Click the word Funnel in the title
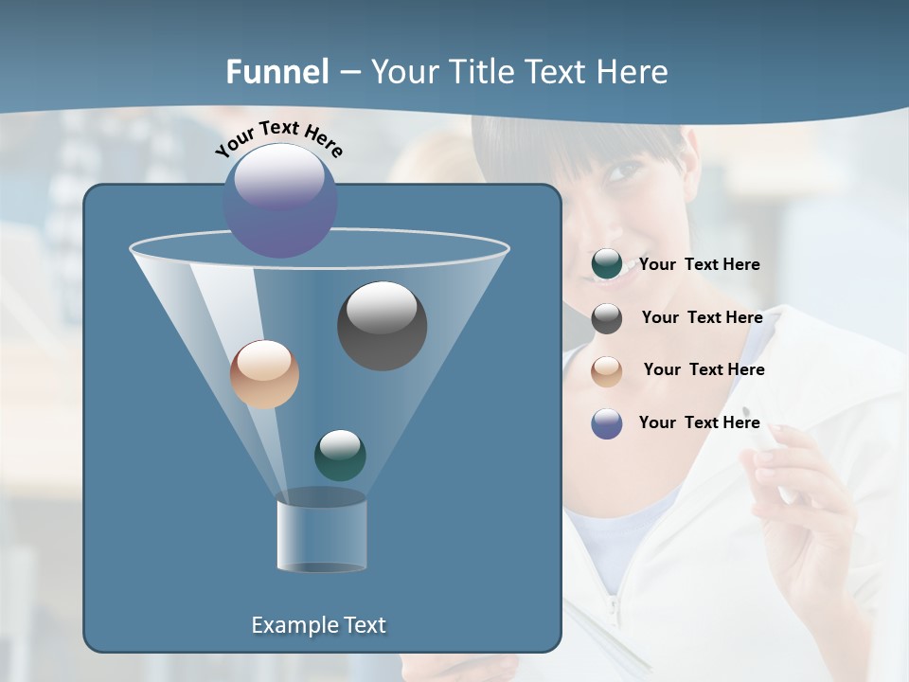[x=277, y=72]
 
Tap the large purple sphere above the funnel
[x=279, y=200]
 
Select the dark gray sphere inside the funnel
[x=382, y=325]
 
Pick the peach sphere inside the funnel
[x=264, y=374]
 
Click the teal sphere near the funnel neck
[x=340, y=455]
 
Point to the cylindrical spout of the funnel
[x=321, y=535]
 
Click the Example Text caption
[x=318, y=625]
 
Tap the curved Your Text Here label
[x=278, y=137]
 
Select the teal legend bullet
[x=606, y=265]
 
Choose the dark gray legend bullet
[x=606, y=318]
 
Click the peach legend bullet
[x=606, y=371]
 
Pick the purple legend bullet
[x=606, y=423]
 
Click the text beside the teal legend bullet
[x=699, y=265]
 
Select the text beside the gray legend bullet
[x=702, y=318]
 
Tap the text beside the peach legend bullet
[x=704, y=370]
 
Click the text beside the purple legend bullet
[x=699, y=422]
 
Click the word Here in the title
[x=633, y=72]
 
